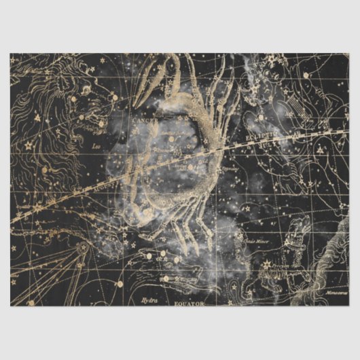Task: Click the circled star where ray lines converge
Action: click(x=83, y=247)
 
